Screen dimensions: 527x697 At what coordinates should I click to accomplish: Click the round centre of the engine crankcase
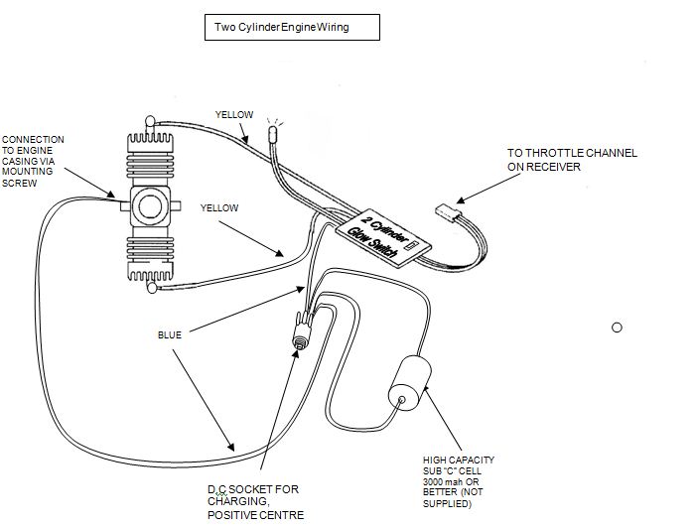(150, 206)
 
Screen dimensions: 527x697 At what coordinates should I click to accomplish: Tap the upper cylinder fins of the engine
(150, 159)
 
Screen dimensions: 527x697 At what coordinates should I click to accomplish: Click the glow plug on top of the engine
(150, 122)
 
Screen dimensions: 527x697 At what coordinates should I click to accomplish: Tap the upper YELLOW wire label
(234, 115)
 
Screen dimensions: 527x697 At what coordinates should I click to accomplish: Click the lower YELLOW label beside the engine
(219, 208)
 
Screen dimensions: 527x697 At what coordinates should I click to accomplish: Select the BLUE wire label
(170, 334)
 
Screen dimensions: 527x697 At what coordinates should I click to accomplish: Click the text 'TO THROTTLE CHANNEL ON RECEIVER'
(571, 160)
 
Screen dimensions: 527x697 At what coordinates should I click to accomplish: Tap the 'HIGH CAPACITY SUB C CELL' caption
(458, 481)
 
